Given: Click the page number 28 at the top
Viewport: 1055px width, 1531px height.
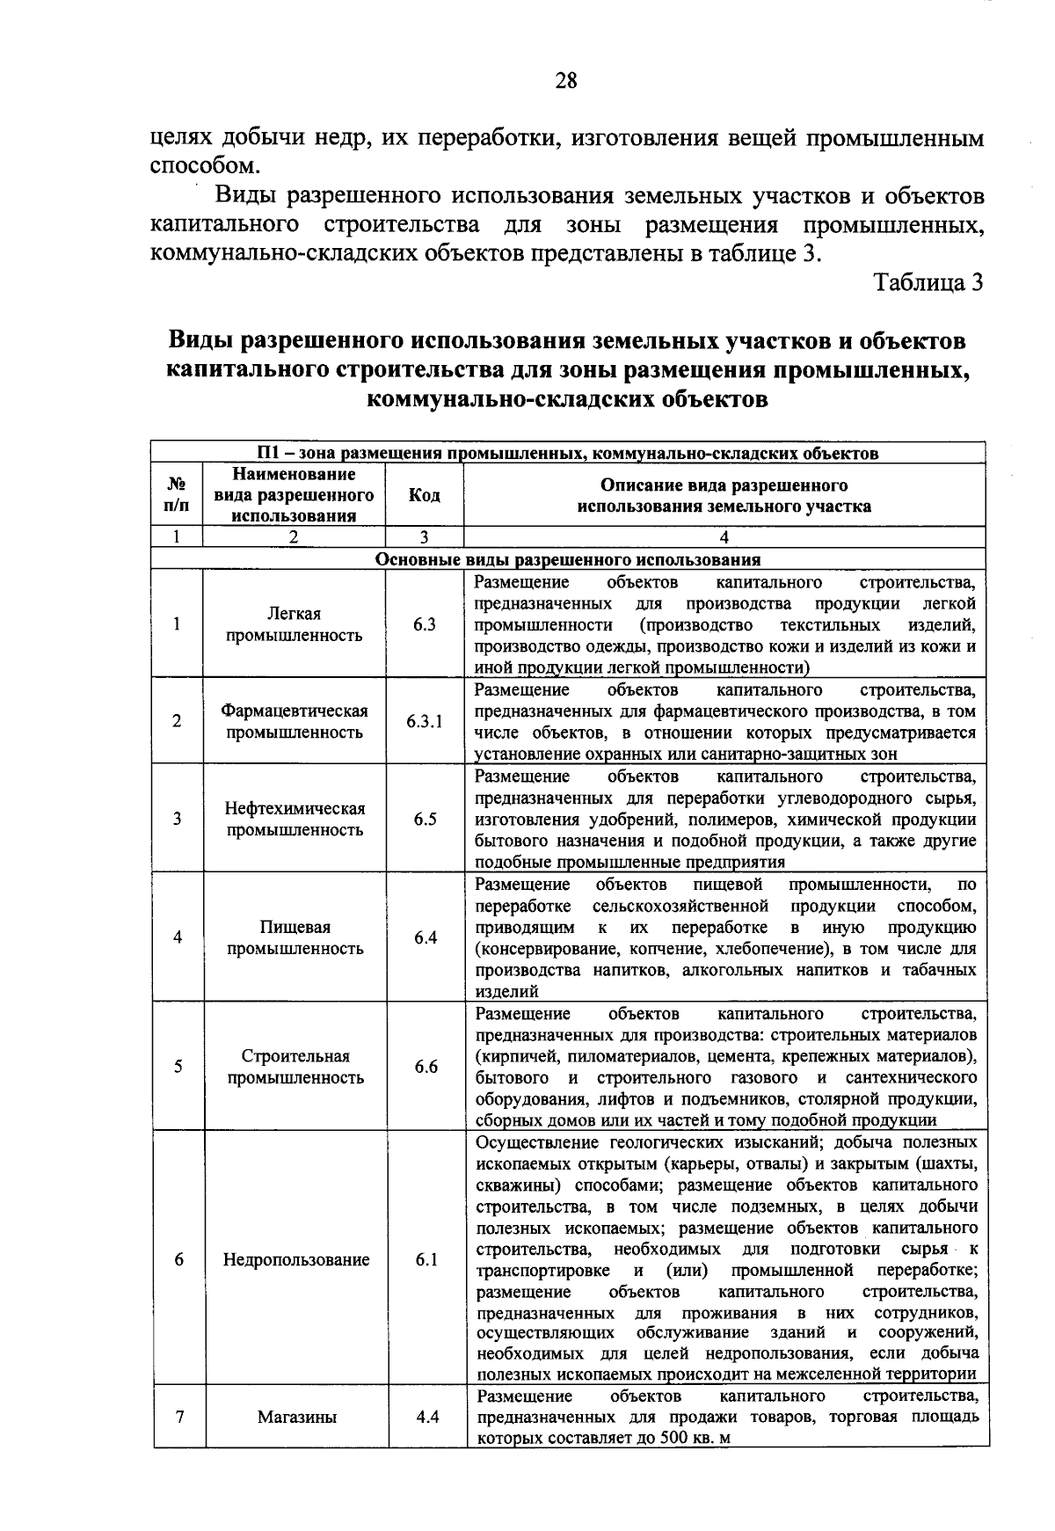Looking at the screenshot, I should tap(566, 81).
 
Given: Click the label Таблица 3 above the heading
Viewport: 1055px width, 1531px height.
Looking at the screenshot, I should tap(927, 282).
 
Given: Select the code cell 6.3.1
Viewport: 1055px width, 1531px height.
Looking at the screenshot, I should tap(425, 721).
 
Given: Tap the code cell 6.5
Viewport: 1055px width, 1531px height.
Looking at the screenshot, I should tap(426, 819).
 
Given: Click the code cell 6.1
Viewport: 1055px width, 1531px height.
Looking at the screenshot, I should tap(426, 1259).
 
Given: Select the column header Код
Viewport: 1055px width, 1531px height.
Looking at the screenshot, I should tap(425, 495).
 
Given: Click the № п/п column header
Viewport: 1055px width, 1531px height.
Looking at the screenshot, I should tap(177, 495).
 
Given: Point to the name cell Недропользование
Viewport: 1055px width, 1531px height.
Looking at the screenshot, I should tap(295, 1259).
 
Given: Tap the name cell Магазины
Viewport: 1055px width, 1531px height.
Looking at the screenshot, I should tap(296, 1417).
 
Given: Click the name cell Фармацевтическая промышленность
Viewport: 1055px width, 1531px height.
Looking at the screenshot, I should tap(295, 721).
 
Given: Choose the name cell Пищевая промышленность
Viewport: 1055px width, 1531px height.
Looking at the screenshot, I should tap(295, 937).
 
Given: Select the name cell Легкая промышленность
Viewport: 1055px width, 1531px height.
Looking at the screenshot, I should tap(295, 624).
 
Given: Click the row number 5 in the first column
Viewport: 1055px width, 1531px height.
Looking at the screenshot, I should tap(178, 1067).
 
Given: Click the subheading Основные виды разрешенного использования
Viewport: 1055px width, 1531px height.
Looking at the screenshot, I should tap(568, 559).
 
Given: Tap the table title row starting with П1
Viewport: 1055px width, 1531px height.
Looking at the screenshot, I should tap(568, 453).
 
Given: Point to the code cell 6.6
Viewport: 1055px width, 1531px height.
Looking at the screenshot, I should tap(426, 1067).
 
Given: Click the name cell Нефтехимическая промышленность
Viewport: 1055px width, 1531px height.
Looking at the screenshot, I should tap(295, 819).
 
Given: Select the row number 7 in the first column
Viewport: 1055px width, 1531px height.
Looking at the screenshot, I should tap(178, 1417).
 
